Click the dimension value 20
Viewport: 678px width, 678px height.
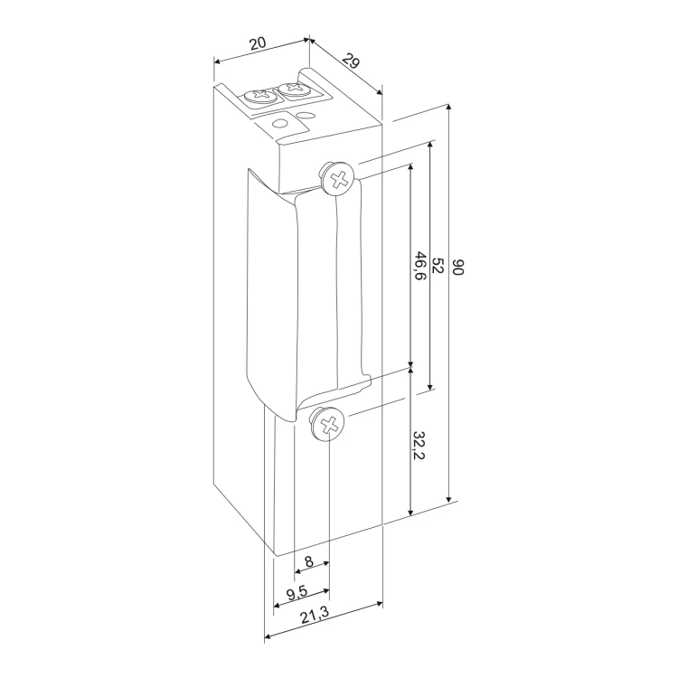(258, 43)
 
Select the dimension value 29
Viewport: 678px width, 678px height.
(352, 61)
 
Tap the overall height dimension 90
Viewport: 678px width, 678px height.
(458, 268)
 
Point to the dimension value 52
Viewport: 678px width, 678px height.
(438, 265)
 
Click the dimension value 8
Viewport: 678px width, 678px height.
(309, 561)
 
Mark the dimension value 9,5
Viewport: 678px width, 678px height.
(297, 593)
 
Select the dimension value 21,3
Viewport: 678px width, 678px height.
(315, 616)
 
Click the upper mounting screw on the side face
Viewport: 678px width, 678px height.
(337, 178)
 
